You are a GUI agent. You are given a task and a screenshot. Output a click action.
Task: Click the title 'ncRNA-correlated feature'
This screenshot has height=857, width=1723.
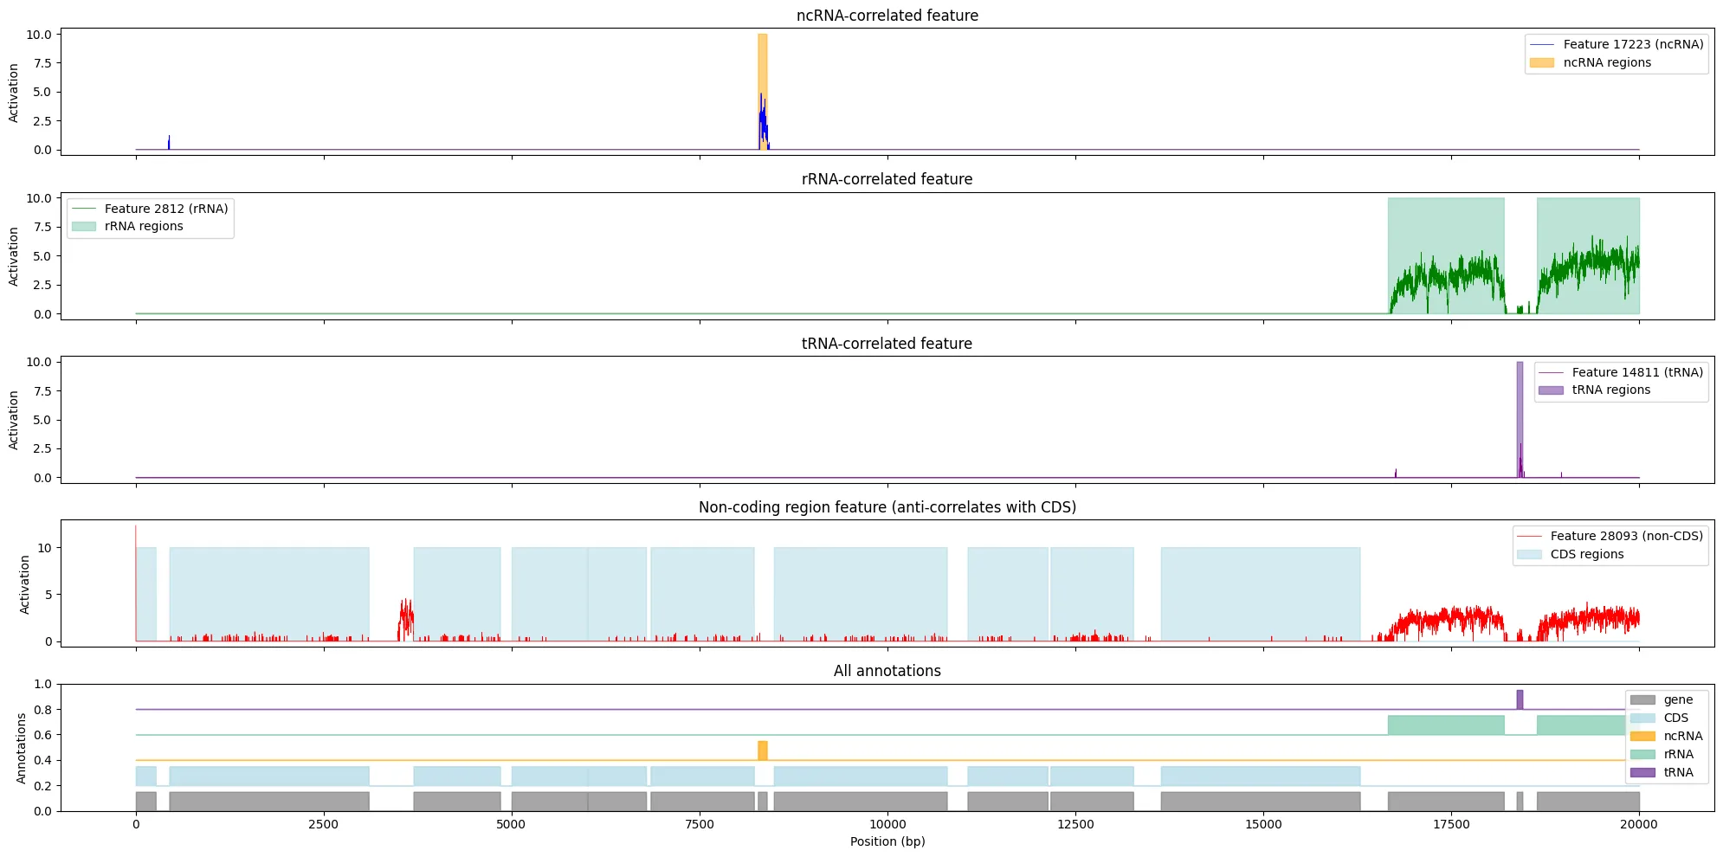coord(887,16)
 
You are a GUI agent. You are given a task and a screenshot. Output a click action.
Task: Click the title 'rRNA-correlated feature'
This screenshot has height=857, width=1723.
coord(887,179)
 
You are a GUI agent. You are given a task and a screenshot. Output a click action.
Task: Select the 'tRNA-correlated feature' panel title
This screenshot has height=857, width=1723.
coord(887,344)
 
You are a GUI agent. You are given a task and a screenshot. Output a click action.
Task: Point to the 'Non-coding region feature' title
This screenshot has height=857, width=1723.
coord(887,507)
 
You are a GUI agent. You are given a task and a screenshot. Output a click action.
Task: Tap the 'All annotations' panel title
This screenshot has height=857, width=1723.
coord(887,671)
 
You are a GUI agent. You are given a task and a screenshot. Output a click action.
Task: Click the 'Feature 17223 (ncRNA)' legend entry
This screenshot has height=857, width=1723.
coord(1633,44)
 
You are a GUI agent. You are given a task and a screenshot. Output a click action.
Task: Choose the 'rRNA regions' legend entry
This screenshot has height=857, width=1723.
coord(144,226)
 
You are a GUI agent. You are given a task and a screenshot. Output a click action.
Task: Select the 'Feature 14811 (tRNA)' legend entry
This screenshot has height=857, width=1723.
coord(1637,372)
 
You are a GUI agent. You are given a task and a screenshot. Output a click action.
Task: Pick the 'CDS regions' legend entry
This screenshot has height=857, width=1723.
coord(1586,554)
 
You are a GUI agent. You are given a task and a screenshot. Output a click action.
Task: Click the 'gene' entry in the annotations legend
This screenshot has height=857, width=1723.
coord(1678,699)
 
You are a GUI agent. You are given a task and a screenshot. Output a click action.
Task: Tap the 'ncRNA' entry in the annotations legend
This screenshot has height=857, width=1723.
coord(1682,736)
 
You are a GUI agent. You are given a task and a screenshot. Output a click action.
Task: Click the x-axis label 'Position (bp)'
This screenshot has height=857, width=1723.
coord(887,841)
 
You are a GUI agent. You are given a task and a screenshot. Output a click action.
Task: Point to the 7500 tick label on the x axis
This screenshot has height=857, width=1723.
coord(700,824)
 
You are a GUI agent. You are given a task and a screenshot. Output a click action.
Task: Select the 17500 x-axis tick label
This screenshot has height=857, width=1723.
coord(1451,824)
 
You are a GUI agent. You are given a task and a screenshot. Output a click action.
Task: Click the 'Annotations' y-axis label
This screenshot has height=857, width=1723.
coord(22,748)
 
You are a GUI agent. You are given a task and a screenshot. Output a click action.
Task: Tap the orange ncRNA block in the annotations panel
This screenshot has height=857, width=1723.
coord(762,751)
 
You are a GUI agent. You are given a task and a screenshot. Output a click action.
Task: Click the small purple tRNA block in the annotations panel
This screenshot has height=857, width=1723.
coord(1520,699)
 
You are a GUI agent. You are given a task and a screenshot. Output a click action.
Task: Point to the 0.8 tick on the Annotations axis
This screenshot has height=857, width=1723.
coord(42,710)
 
